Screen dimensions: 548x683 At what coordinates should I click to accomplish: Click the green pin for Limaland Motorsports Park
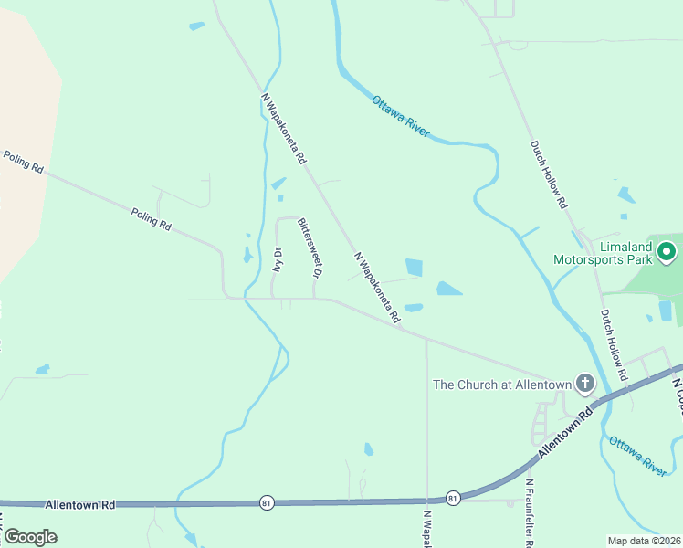(667, 250)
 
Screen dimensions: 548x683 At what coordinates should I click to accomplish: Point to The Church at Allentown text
(501, 385)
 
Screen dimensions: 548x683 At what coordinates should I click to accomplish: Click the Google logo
(30, 537)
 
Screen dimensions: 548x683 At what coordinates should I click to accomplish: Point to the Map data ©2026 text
(645, 541)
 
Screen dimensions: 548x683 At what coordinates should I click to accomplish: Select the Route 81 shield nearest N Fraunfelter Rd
(453, 498)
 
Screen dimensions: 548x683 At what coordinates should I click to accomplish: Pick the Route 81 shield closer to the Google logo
(266, 503)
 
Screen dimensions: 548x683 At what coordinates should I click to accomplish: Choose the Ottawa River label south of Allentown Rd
(637, 455)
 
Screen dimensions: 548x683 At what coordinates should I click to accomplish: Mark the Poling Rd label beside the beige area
(24, 163)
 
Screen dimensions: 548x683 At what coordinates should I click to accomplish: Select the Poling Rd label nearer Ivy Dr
(151, 218)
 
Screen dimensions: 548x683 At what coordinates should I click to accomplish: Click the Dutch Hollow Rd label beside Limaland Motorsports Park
(613, 344)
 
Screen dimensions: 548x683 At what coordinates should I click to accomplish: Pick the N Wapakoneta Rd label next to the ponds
(377, 289)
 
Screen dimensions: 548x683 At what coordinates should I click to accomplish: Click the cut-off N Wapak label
(426, 529)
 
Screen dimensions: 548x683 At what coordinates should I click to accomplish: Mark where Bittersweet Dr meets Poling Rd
(314, 299)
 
